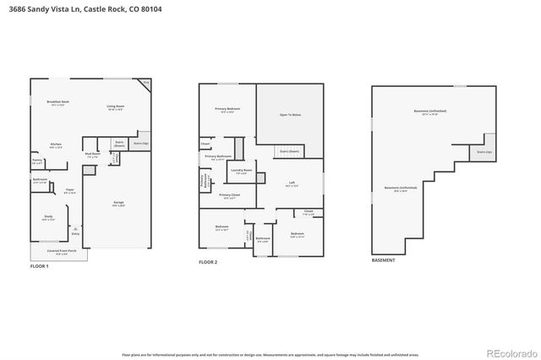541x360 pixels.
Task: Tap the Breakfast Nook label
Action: point(58,103)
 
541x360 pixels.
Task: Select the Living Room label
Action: point(116,107)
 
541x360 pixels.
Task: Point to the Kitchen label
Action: point(56,145)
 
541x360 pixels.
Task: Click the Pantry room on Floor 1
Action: point(37,161)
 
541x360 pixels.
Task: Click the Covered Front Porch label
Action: point(61,252)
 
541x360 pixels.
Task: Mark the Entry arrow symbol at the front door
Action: point(74,229)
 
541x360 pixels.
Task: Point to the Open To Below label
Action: point(290,114)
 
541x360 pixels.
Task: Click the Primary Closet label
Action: point(229,196)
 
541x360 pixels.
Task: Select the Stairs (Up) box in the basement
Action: point(485,150)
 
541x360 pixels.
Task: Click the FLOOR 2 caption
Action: point(208,263)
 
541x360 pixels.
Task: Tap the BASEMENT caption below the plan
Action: point(383,260)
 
